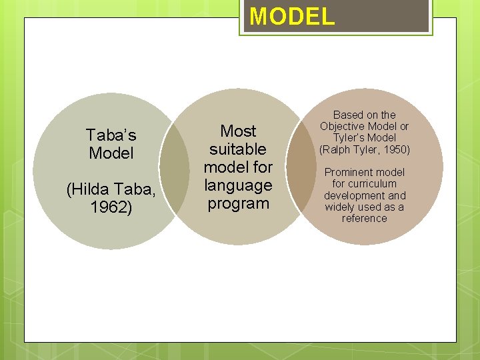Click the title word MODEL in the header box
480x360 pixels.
point(292,16)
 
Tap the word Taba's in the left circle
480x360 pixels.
point(111,136)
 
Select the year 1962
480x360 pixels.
point(111,208)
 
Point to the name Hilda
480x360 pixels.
point(93,191)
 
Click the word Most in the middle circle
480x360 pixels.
point(238,131)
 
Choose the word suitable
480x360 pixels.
point(238,149)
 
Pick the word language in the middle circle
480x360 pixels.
point(238,185)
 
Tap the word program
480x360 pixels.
point(238,203)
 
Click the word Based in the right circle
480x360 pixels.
point(347,115)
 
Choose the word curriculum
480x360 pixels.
point(373,184)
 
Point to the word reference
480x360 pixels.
point(364,218)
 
